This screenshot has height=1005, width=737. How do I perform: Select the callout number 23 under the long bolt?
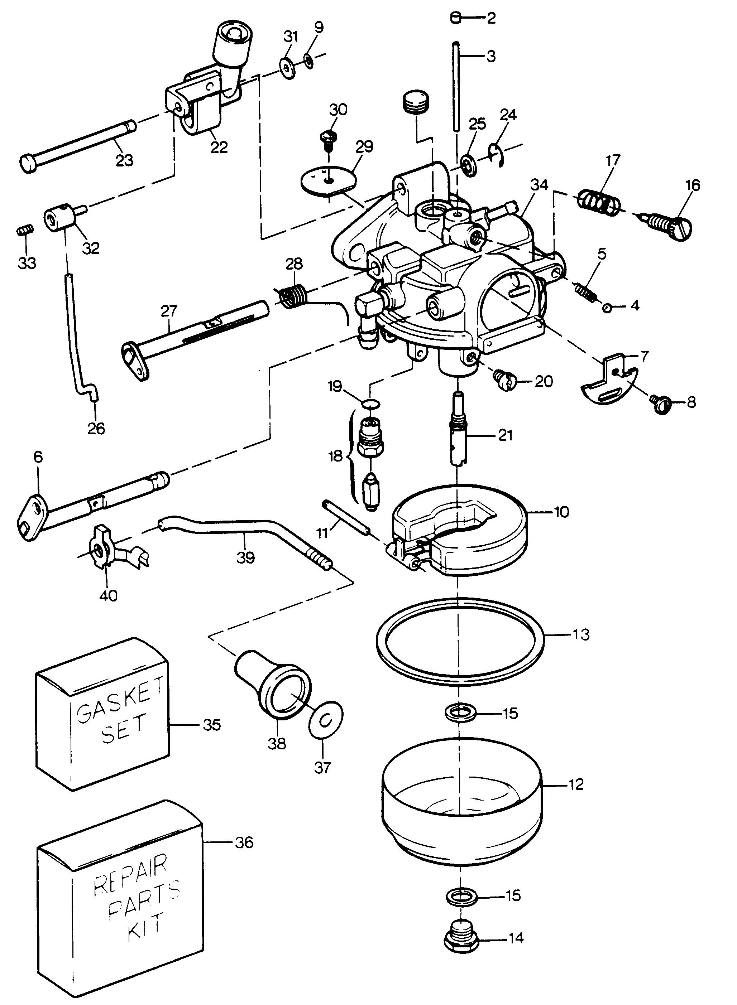[x=124, y=160]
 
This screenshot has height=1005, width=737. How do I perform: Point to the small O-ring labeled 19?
[x=371, y=404]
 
